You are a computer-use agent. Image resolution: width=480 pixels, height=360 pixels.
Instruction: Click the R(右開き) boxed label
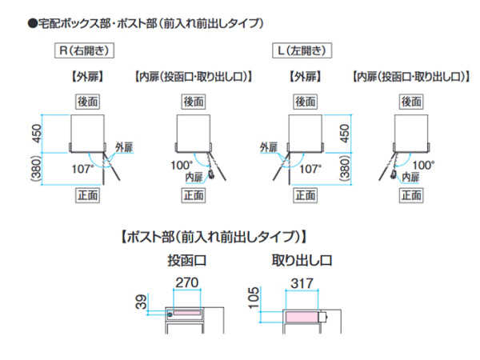tap(84, 50)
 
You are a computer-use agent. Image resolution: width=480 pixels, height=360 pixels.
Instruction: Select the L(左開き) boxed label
tap(302, 50)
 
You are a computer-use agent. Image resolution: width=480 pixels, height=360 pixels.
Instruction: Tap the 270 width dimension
tap(186, 282)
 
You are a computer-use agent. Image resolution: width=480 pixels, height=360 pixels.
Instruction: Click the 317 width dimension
tap(302, 283)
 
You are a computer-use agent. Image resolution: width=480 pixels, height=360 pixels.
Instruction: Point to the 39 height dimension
tap(141, 302)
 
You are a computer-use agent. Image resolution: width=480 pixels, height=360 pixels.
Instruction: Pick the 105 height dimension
tap(254, 298)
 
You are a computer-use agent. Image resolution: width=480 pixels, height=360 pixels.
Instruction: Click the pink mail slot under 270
tap(186, 313)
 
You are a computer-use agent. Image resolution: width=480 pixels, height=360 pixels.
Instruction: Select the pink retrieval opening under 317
tap(302, 317)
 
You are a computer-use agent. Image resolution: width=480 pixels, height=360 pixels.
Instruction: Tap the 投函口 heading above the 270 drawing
tap(187, 261)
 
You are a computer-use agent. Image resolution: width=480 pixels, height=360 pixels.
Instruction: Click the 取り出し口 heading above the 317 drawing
tap(302, 261)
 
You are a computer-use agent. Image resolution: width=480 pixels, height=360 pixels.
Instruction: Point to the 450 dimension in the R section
tap(37, 134)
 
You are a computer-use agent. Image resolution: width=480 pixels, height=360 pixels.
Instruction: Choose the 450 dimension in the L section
tap(344, 134)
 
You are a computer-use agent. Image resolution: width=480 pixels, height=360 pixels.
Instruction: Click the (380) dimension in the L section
tap(345, 169)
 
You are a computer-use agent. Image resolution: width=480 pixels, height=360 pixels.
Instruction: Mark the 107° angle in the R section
tap(82, 169)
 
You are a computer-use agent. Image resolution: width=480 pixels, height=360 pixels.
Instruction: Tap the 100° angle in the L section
tap(423, 166)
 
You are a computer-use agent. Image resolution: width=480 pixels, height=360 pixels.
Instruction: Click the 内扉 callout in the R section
tap(194, 177)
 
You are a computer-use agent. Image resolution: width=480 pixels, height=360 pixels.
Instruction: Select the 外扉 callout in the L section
tap(269, 147)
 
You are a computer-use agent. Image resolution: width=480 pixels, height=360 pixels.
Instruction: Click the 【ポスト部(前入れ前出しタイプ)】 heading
tap(214, 237)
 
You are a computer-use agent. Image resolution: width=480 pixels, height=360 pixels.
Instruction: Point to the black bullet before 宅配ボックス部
tap(33, 23)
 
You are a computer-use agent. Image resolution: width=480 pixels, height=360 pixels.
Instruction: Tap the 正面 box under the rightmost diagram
tap(412, 195)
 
